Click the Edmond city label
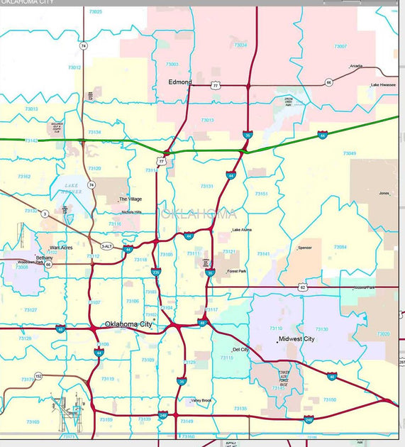[180, 82]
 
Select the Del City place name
[240, 350]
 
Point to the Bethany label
[44, 258]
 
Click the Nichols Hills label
[133, 212]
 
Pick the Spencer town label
[304, 248]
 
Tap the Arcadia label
[355, 66]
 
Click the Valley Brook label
[201, 400]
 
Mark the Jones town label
[384, 193]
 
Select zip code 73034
[240, 45]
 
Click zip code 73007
[340, 46]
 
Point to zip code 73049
[349, 153]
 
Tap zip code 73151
[262, 194]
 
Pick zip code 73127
[30, 310]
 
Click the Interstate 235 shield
[156, 272]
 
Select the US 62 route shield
[303, 287]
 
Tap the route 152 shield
[39, 376]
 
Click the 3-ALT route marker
[106, 245]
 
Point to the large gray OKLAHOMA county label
[196, 214]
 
